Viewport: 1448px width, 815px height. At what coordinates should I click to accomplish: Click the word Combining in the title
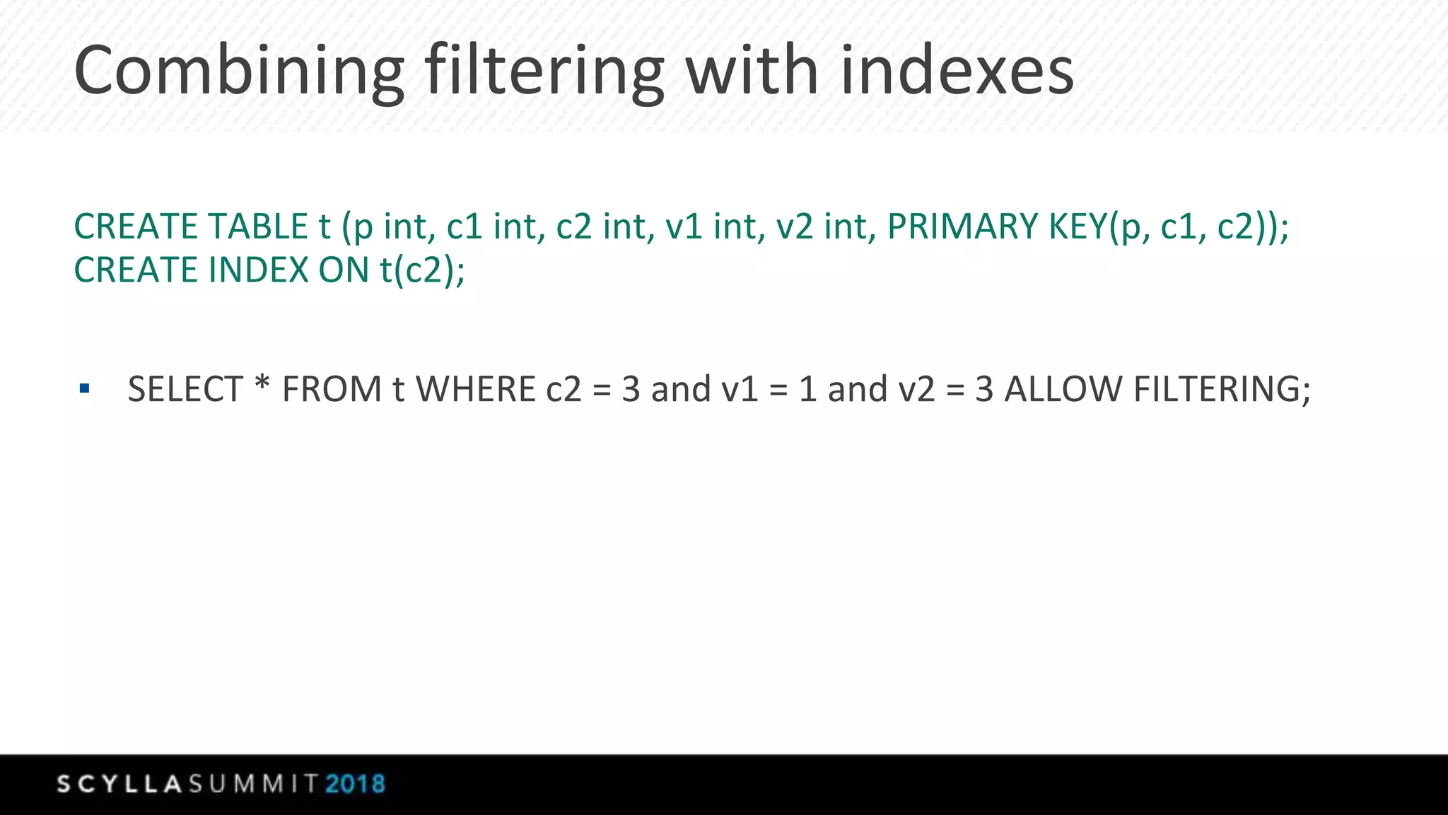(239, 71)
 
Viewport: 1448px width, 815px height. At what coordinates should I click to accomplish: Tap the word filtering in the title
(544, 71)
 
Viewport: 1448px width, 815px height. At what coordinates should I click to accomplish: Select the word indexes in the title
(957, 71)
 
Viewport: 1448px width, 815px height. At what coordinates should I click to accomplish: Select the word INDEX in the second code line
(259, 270)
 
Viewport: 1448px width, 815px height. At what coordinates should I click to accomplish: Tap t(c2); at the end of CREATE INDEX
(422, 270)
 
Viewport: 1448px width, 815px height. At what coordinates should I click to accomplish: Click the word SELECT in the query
(185, 389)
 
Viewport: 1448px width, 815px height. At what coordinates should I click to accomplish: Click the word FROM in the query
(332, 389)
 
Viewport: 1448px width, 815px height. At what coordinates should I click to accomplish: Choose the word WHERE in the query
(476, 389)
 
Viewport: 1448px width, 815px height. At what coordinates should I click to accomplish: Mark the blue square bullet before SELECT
(85, 388)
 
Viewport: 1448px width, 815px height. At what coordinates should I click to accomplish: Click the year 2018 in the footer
(355, 784)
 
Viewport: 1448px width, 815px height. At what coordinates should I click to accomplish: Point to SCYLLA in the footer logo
(120, 784)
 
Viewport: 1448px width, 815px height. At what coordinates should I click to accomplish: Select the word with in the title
(752, 71)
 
